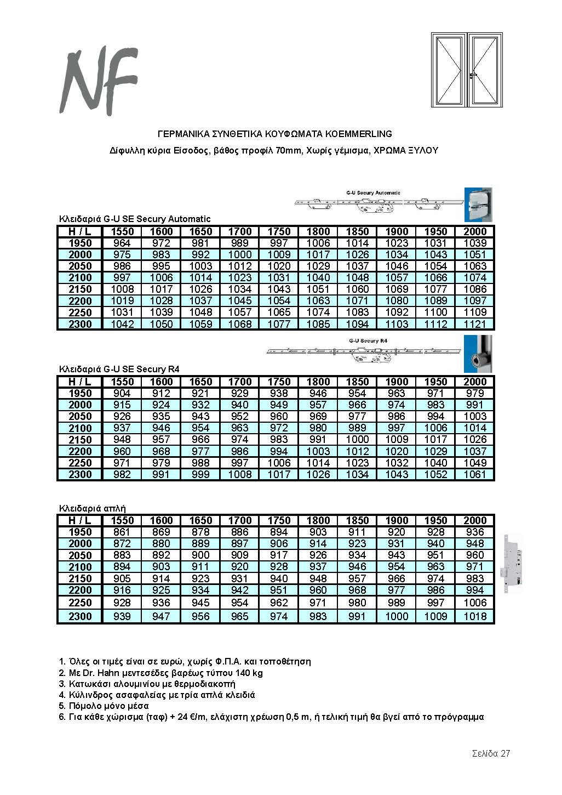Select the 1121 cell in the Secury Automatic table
[x=474, y=324]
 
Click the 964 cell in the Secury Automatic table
[x=122, y=243]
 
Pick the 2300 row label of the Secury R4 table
[x=80, y=474]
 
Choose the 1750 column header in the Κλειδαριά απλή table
[x=279, y=520]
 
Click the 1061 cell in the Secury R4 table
[x=474, y=474]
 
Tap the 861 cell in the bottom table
[x=122, y=532]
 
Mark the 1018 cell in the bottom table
[x=474, y=616]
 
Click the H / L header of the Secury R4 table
[x=80, y=382]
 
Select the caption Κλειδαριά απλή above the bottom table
[x=93, y=508]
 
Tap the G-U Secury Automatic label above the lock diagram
[x=374, y=193]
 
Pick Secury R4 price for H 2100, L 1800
[x=318, y=428]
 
